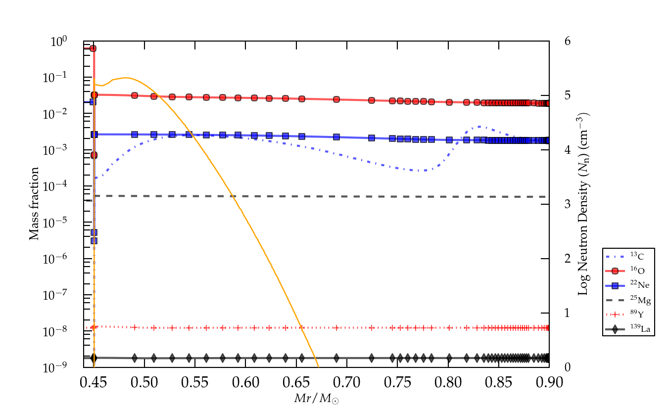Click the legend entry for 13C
[629, 256]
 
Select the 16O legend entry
[629, 271]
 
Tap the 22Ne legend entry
[629, 285]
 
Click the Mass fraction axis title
[34, 204]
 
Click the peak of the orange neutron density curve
[126, 78]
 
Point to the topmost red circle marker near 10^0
[93, 48]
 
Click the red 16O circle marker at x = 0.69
[336, 99]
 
